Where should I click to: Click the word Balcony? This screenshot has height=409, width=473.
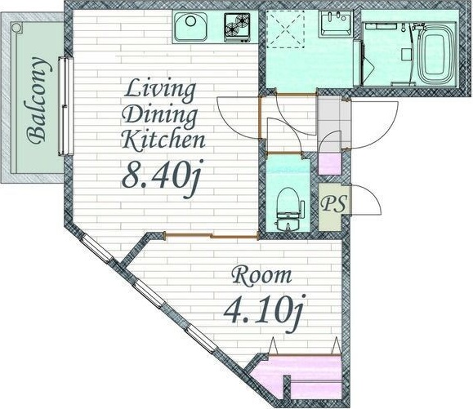point(38,100)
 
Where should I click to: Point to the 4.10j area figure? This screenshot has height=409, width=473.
point(263,313)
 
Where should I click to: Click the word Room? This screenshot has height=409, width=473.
point(262,275)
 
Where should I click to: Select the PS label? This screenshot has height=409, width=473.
point(333,204)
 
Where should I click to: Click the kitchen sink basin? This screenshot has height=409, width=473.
point(190,26)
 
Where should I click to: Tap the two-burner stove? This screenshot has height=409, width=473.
point(237,27)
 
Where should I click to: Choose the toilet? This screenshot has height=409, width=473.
point(288,209)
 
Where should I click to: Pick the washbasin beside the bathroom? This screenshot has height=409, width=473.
point(336,24)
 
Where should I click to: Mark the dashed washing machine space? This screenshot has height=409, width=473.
point(285,29)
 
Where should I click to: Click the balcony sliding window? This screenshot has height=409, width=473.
point(65,106)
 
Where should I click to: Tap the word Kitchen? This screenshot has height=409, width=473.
point(163,140)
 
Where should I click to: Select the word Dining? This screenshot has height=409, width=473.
point(161,115)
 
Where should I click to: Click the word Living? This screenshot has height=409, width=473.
point(160,90)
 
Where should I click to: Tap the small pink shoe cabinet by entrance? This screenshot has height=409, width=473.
point(330,164)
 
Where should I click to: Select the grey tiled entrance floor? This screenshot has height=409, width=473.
point(333,122)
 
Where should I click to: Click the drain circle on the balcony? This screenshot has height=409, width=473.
point(16,28)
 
